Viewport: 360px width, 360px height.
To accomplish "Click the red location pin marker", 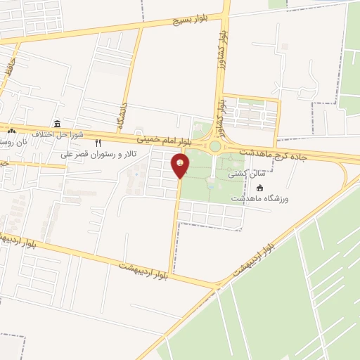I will coord(180,165).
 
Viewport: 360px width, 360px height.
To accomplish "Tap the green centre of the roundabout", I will coord(215,147).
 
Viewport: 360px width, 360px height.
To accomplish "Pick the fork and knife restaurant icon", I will coord(98,143).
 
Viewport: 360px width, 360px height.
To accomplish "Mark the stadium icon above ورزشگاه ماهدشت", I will coord(259,188).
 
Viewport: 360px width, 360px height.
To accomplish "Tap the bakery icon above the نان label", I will coord(11,131).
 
